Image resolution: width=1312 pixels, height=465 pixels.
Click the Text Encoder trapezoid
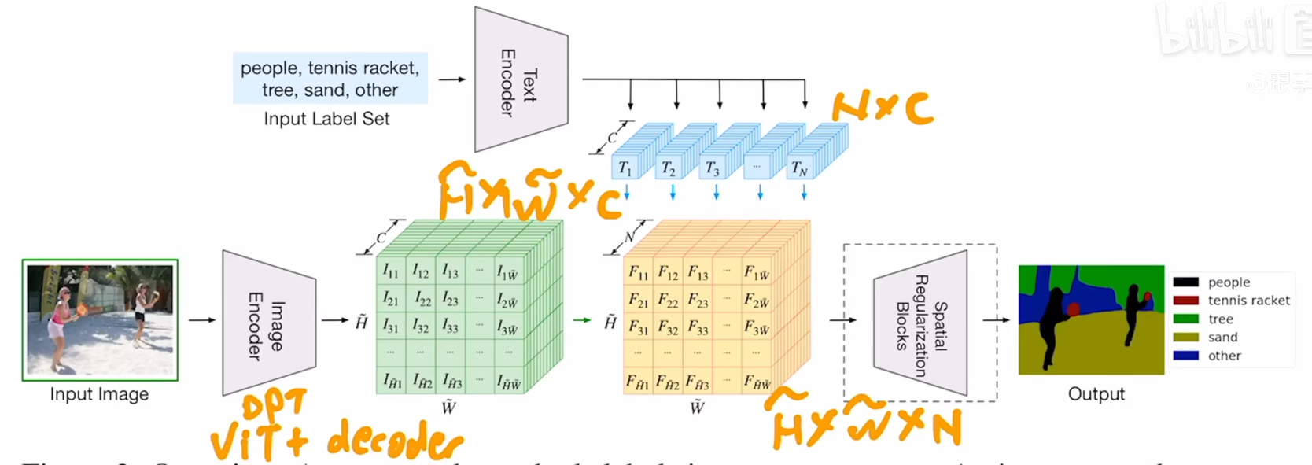[x=520, y=80]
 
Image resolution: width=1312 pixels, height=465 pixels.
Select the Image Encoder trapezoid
[x=268, y=323]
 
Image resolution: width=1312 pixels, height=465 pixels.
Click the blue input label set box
[x=330, y=79]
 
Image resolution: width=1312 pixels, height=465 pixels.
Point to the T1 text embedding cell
[x=625, y=168]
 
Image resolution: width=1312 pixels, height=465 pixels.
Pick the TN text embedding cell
[x=799, y=168]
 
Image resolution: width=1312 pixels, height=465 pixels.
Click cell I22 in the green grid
[x=422, y=299]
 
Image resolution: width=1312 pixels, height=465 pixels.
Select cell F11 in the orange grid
[x=638, y=273]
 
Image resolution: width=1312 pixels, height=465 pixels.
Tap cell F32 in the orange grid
[x=668, y=327]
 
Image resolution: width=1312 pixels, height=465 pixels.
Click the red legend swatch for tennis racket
[x=1185, y=301]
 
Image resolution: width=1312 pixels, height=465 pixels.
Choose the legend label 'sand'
[x=1222, y=338]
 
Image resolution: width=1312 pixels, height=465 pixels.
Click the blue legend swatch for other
[x=1185, y=356]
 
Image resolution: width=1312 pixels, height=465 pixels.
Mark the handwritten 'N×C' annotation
[x=883, y=107]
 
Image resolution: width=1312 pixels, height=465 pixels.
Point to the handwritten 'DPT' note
[x=274, y=405]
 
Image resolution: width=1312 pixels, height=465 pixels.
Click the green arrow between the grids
[x=582, y=320]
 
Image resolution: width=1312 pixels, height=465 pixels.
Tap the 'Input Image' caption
[x=99, y=394]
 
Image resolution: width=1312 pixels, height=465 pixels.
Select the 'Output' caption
[x=1096, y=394]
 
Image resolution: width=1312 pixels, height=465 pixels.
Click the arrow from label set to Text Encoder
[x=451, y=79]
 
